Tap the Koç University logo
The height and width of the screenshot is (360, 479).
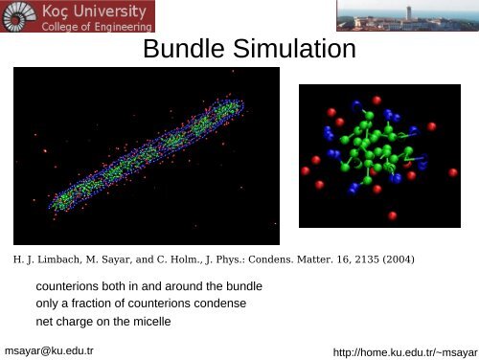pos(79,15)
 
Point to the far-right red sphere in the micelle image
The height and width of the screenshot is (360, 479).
pos(452,172)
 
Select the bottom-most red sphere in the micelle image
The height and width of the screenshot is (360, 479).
pos(393,216)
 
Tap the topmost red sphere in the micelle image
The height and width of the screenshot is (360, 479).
pos(376,100)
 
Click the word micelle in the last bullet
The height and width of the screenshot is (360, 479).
pos(151,321)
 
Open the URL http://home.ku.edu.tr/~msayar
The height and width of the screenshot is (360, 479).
pos(403,352)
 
